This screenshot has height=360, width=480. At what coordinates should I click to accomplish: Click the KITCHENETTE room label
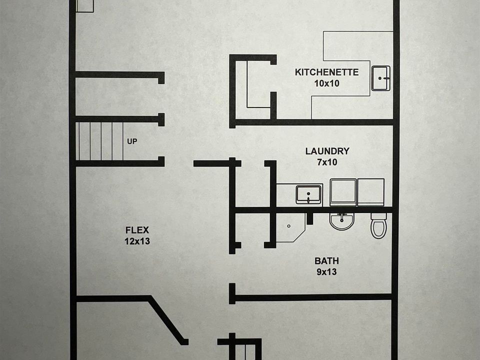(x=326, y=72)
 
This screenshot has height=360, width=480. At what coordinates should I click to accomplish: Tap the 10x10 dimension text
(x=326, y=83)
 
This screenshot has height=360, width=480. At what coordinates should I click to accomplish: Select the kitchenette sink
(x=380, y=78)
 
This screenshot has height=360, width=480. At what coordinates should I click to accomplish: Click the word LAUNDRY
(x=327, y=151)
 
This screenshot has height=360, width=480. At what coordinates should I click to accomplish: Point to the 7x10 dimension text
(x=327, y=162)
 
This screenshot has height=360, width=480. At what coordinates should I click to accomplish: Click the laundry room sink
(x=308, y=194)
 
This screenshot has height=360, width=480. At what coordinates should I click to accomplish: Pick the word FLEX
(x=137, y=230)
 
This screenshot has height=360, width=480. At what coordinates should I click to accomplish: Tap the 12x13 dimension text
(x=137, y=241)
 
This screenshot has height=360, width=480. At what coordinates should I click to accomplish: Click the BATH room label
(x=326, y=261)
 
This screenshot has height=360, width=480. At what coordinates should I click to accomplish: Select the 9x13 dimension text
(x=326, y=272)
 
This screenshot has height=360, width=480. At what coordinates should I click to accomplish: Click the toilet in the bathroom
(x=378, y=226)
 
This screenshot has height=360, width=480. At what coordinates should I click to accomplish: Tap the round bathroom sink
(x=342, y=220)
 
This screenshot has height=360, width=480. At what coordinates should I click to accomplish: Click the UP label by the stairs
(x=132, y=141)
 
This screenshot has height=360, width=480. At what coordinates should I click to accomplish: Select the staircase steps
(x=99, y=141)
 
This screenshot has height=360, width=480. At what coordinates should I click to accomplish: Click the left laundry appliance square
(x=343, y=192)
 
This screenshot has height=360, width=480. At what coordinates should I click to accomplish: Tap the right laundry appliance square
(x=371, y=192)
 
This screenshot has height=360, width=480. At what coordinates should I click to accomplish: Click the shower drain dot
(x=289, y=226)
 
